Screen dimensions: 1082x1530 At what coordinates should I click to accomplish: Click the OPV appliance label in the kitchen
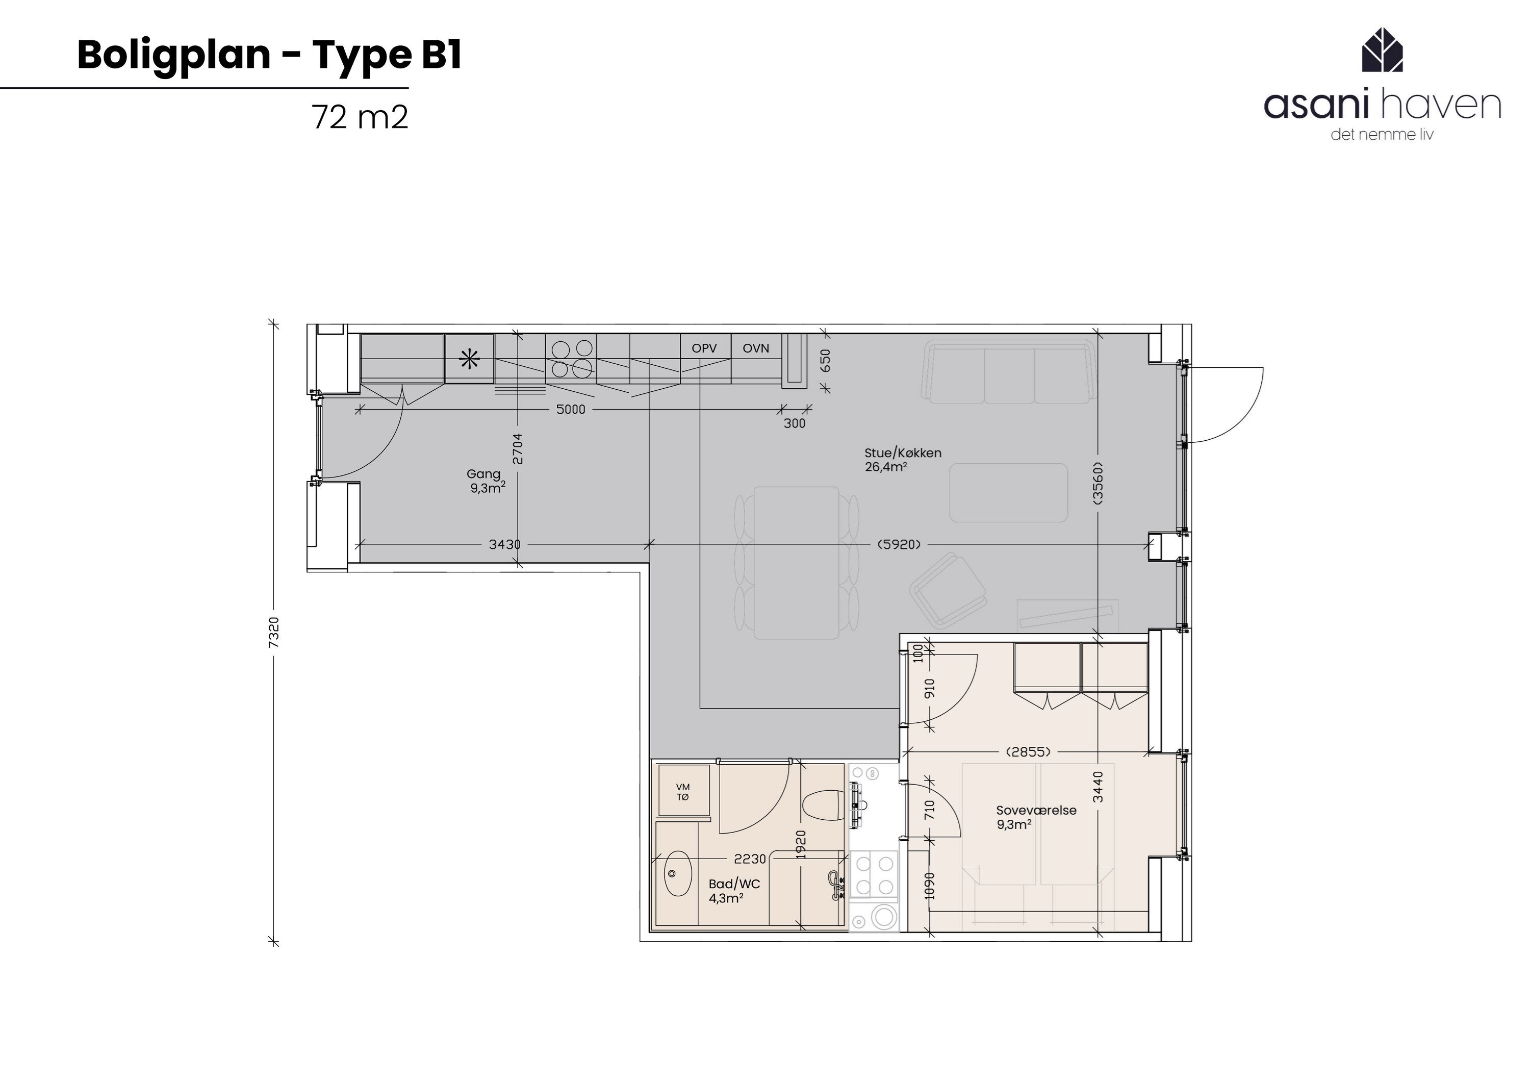[704, 348]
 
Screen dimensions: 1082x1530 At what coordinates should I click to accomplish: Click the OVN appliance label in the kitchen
[756, 348]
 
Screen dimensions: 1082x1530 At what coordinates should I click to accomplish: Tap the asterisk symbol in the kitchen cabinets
[470, 360]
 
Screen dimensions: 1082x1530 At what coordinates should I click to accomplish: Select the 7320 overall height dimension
[274, 632]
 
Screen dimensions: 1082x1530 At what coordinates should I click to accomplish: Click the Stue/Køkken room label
[902, 454]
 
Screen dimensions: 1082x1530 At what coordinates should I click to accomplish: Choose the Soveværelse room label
[1035, 811]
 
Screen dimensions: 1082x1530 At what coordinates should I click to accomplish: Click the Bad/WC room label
[734, 884]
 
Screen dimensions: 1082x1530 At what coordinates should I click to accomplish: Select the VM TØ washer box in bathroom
[682, 792]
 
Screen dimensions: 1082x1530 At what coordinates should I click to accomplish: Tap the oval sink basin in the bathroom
[678, 873]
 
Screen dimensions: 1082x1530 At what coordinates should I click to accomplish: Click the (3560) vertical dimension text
[1098, 483]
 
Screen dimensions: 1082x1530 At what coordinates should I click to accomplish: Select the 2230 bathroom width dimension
[750, 860]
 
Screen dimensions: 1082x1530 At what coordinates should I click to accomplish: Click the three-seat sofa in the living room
[1008, 373]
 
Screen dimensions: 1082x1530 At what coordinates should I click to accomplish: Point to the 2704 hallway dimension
[518, 449]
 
